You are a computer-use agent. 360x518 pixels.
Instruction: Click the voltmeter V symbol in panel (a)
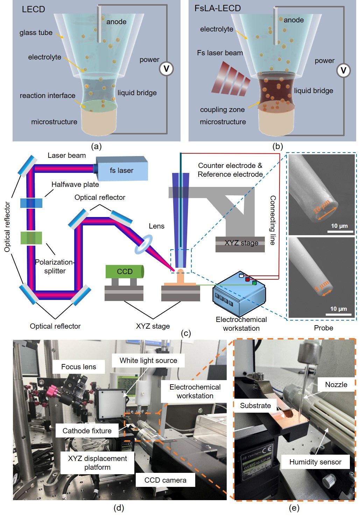pos(166,69)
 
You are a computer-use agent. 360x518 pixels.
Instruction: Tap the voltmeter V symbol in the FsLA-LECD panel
pos(343,71)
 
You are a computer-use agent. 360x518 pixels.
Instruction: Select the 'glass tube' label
pos(36,33)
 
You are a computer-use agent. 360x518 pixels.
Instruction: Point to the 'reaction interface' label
pos(48,96)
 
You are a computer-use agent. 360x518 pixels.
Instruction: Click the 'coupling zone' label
pos(222,110)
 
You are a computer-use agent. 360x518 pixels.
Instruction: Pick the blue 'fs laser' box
pos(122,169)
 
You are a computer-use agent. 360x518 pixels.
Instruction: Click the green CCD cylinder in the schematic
pos(125,272)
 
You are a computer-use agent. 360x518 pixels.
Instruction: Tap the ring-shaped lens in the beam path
pos(144,244)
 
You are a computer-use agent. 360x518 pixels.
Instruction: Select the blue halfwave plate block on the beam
pos(31,203)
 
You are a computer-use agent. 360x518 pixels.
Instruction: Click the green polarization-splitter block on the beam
pos(31,238)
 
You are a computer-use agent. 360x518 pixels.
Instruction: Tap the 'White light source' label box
pos(148,360)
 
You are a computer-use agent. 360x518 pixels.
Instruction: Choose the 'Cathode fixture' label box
pos(87,431)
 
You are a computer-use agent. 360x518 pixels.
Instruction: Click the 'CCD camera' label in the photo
pos(165,480)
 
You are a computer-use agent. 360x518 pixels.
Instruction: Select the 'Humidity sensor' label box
pos(315,462)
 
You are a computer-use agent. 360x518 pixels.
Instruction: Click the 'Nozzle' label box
pos(336,385)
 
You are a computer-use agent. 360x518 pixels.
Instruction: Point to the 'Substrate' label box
pos(255,406)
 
